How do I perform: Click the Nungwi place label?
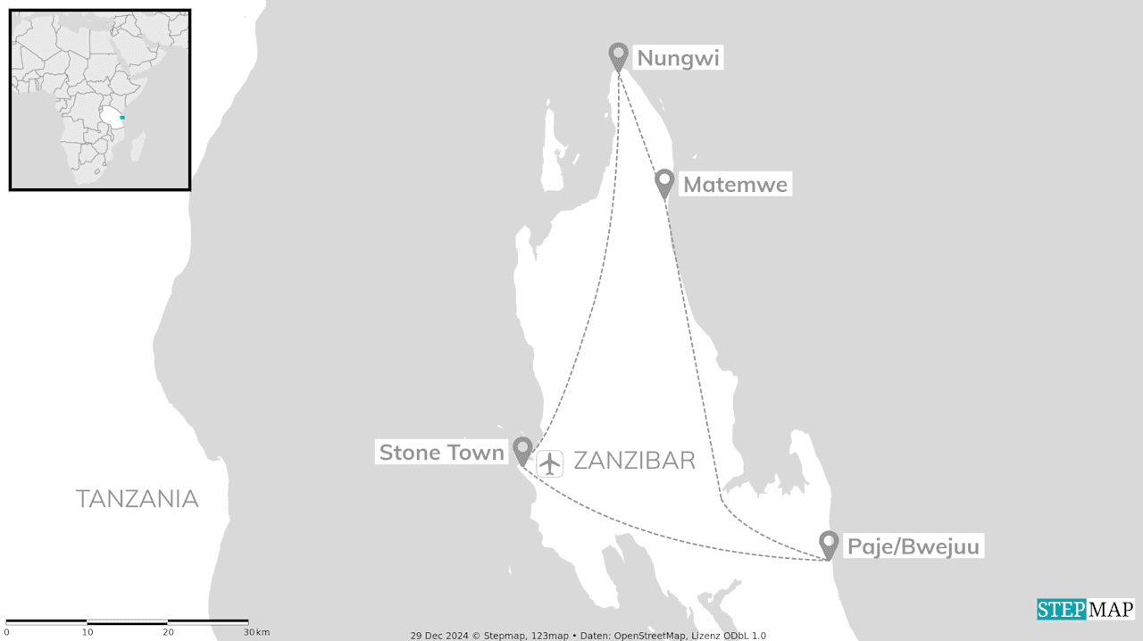click(678, 59)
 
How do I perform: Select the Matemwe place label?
click(735, 185)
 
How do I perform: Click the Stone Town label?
click(442, 453)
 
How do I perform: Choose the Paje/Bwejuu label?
click(913, 546)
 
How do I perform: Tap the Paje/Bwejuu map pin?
click(829, 544)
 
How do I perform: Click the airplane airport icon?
click(550, 463)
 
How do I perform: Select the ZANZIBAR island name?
click(634, 461)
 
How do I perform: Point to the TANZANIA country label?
click(137, 499)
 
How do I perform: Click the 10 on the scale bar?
click(88, 632)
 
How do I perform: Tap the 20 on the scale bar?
click(168, 632)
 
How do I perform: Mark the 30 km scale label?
click(255, 632)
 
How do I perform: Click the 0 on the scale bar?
click(7, 632)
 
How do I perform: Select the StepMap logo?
click(1085, 609)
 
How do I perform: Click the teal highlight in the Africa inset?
click(122, 118)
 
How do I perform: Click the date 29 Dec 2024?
click(440, 636)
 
